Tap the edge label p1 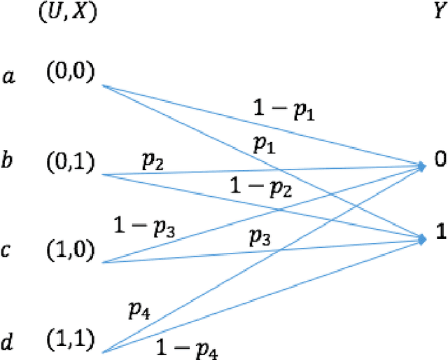(x=265, y=146)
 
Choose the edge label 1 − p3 (x=146, y=226)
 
